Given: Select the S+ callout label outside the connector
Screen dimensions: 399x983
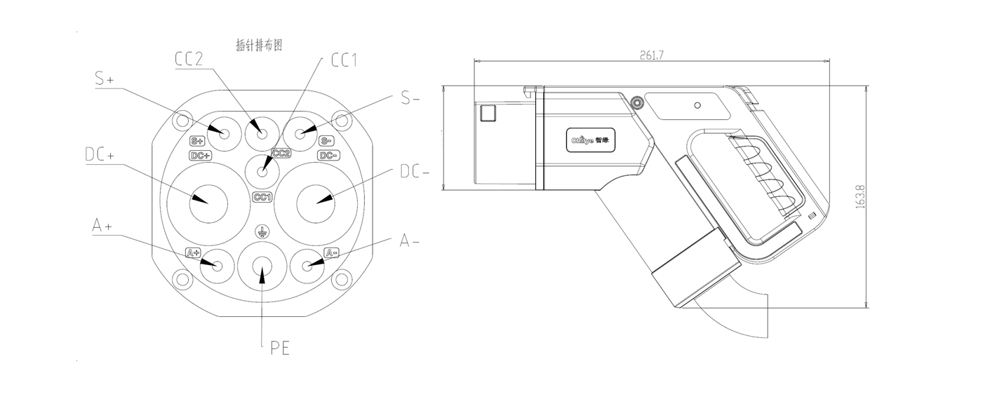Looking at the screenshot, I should pyautogui.click(x=105, y=79).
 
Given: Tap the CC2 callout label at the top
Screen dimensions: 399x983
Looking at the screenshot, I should pyautogui.click(x=189, y=59).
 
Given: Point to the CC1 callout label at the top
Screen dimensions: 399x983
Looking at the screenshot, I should pyautogui.click(x=344, y=60).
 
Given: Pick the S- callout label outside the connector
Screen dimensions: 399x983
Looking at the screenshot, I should pyautogui.click(x=410, y=98).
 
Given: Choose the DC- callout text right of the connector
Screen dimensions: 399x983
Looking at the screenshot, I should pyautogui.click(x=415, y=171).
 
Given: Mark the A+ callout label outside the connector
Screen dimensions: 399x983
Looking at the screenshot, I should pyautogui.click(x=102, y=226).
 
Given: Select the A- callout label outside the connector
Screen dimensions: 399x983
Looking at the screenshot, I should pyautogui.click(x=409, y=241).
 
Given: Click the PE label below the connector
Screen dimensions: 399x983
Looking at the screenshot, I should pyautogui.click(x=279, y=347).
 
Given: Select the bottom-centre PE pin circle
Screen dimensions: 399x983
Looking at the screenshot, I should pyautogui.click(x=262, y=268).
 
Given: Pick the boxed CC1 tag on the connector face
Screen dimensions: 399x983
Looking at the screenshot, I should pyautogui.click(x=262, y=198).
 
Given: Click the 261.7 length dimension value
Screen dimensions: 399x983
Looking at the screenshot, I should pyautogui.click(x=653, y=55).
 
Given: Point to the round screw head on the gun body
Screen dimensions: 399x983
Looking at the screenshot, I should pyautogui.click(x=637, y=103).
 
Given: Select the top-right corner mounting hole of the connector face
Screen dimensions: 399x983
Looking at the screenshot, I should pyautogui.click(x=341, y=119).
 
